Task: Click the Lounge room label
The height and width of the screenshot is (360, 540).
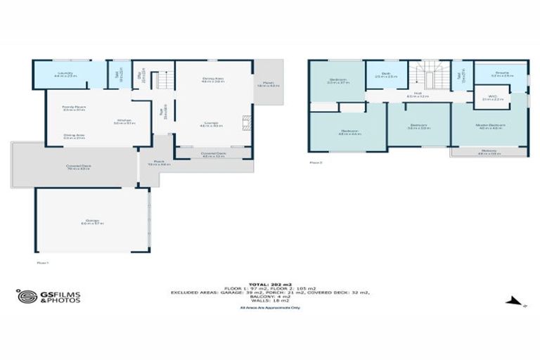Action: point(210,123)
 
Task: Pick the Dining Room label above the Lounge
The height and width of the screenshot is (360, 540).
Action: point(213,79)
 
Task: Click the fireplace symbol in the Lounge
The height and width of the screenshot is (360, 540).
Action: point(245,124)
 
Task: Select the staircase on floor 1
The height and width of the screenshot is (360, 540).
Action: point(162,80)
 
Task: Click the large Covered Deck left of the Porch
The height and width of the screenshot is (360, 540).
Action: point(74,167)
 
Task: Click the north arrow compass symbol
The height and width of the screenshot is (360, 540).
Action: point(515,302)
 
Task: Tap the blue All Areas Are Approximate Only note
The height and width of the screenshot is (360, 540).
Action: point(270,307)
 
